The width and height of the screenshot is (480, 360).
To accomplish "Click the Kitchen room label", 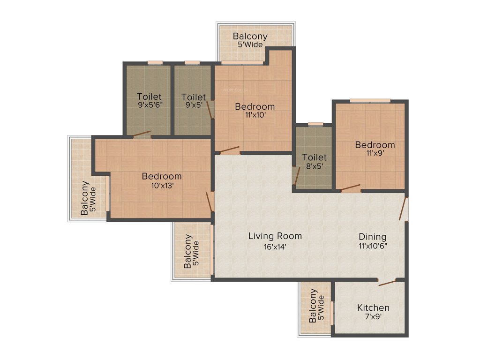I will click(373, 307).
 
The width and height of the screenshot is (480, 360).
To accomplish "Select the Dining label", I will click(373, 236).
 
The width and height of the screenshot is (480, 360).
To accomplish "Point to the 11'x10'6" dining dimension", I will click(373, 246).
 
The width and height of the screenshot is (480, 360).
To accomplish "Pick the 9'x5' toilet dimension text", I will click(194, 106).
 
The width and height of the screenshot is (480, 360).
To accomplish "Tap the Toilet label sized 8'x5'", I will click(314, 157).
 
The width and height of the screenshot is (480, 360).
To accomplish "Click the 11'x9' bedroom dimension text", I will click(375, 154).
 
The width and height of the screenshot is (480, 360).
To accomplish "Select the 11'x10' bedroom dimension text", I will click(255, 115).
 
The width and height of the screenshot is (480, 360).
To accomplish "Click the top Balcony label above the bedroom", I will click(250, 36).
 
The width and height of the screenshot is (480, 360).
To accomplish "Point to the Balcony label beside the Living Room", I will click(187, 251).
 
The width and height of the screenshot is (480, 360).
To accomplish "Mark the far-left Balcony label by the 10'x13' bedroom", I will click(84, 198).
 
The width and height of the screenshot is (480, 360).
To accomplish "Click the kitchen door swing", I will click(387, 282).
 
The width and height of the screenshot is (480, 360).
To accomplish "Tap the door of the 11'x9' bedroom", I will click(350, 189).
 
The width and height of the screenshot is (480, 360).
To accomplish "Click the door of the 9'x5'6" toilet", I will click(141, 135).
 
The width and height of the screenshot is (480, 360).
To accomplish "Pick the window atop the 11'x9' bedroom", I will click(370, 100).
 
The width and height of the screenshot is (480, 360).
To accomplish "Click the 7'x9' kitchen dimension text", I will click(373, 317).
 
